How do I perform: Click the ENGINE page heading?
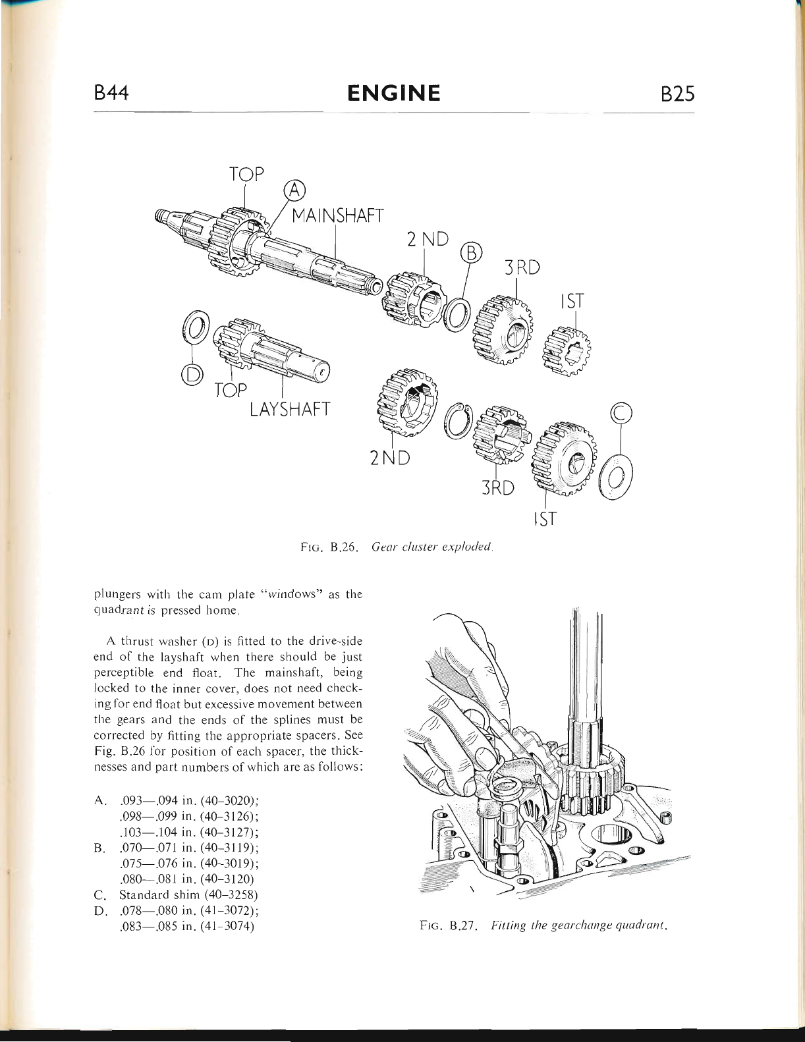coord(394,94)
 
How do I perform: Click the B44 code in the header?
coord(111,94)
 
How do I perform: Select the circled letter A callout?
coord(294,190)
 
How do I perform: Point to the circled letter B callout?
coord(471,253)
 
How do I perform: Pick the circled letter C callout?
coord(621,413)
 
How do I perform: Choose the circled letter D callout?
coord(192,374)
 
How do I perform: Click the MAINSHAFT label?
coord(337,215)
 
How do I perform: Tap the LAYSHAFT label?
coord(289,410)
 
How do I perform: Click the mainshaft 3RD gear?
coord(504,330)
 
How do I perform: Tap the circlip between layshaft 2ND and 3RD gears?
coord(458,421)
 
